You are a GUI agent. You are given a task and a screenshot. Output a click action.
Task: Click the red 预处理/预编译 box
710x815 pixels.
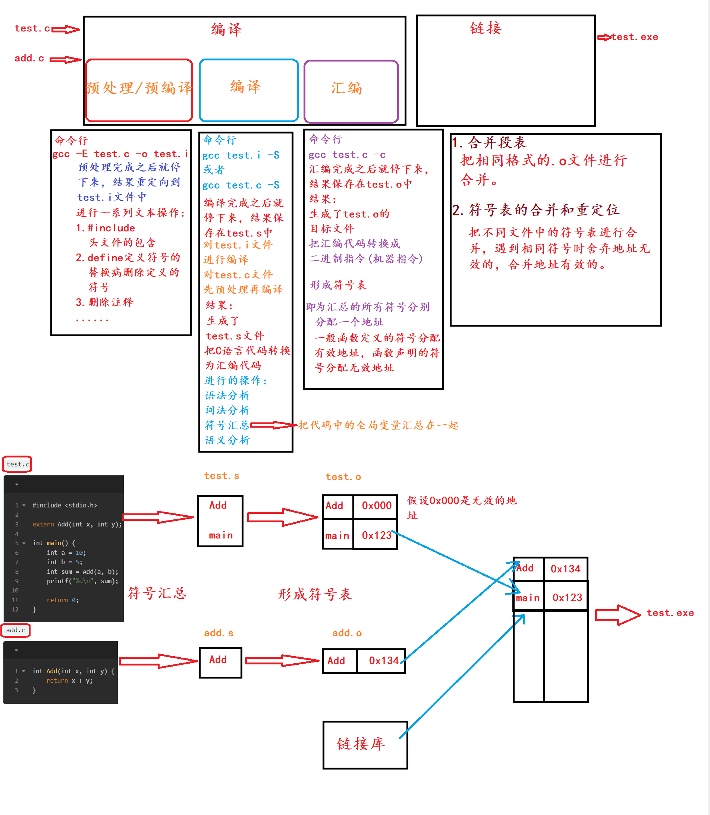coord(139,90)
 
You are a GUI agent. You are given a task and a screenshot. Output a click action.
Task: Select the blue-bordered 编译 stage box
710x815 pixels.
coord(248,90)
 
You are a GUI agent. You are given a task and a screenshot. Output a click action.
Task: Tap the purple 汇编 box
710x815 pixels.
coord(351,91)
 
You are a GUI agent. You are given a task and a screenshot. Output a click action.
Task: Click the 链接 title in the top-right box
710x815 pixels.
coord(486,28)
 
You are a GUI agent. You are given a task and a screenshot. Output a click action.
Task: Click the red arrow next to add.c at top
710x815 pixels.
coord(65,60)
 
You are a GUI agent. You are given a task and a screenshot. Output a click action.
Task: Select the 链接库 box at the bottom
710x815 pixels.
coord(365,745)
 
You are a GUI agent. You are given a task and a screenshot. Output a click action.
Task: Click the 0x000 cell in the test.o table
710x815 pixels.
coord(376,506)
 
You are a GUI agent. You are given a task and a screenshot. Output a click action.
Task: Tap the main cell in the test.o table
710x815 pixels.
coord(337,536)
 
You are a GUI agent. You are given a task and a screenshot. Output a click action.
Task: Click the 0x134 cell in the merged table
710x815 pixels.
coord(565,569)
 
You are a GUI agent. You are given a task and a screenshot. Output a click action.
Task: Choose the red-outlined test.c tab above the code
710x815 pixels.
coord(18,464)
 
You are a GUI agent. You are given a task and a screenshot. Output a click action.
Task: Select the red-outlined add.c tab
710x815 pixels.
coord(16,630)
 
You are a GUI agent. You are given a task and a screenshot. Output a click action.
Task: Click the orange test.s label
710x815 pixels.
coord(222,476)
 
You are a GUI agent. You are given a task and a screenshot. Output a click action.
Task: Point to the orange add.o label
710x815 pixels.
coord(347,633)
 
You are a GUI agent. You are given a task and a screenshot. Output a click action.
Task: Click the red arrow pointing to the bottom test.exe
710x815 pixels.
coord(618,614)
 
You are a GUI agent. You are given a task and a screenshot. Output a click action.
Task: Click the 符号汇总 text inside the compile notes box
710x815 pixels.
coord(227,425)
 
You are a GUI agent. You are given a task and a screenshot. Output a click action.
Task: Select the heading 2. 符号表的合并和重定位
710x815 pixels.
coord(535,210)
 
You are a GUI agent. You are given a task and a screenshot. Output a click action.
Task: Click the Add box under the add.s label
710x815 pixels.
coord(220,662)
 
